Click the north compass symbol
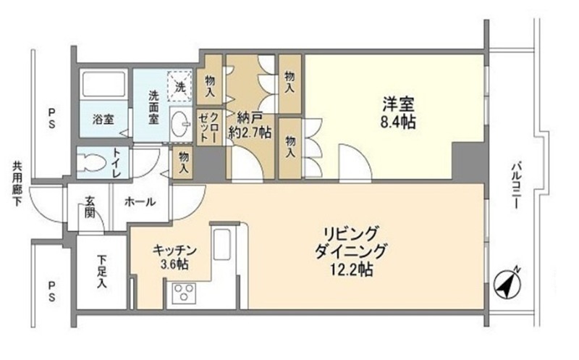(508, 284)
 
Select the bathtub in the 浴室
(103, 85)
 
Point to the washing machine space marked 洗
(180, 86)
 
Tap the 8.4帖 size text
(398, 122)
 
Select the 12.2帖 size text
(351, 269)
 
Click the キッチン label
(174, 251)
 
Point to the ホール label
(140, 202)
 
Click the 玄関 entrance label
(90, 206)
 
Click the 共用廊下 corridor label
(17, 184)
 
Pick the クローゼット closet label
(208, 127)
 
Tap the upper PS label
(51, 117)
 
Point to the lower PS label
(51, 290)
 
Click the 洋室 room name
(398, 104)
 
